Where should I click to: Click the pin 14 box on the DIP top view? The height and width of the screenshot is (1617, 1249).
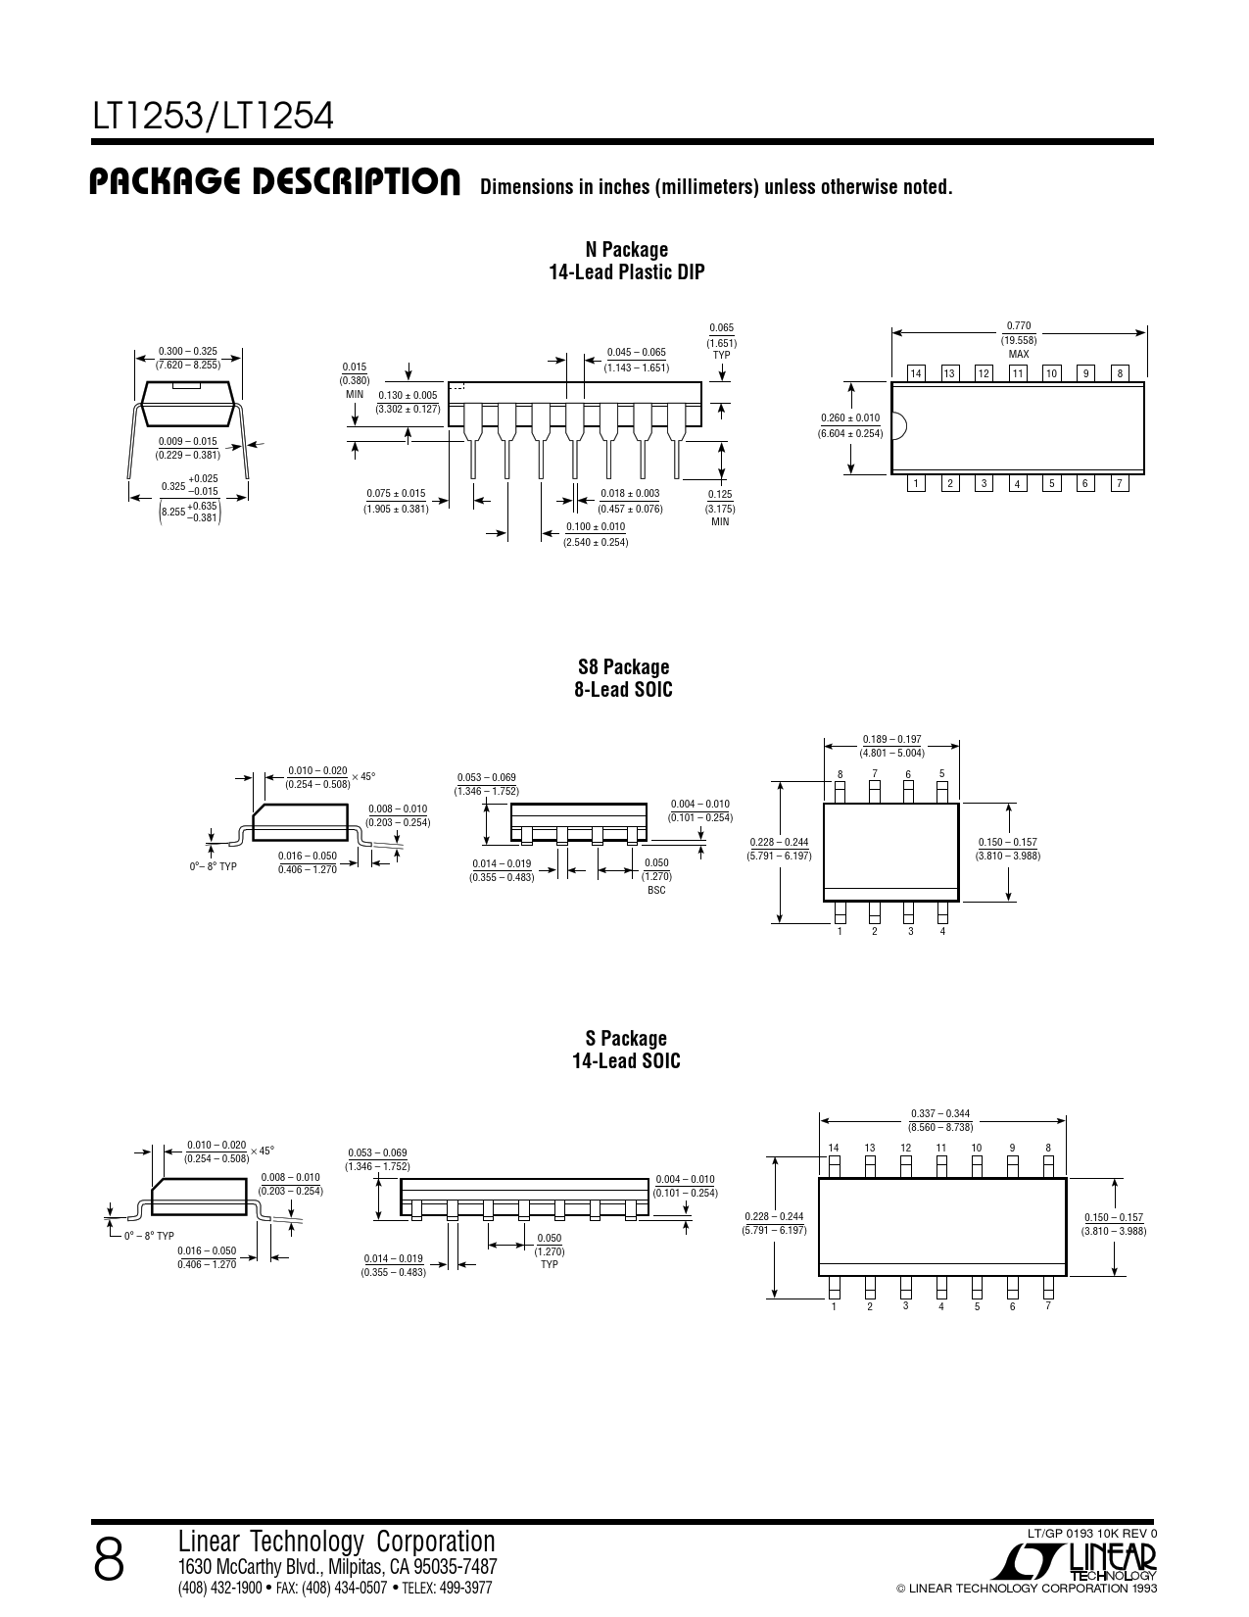coord(916,373)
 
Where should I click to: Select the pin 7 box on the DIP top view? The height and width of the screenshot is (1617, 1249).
coord(1120,484)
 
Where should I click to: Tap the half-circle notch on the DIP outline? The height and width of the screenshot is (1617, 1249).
coord(899,427)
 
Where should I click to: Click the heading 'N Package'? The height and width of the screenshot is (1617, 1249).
coord(626,249)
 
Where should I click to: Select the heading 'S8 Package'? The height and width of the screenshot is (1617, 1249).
coord(623,666)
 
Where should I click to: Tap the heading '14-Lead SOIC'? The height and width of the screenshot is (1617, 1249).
coord(626,1061)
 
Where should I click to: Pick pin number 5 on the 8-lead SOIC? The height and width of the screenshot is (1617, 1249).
coord(941,774)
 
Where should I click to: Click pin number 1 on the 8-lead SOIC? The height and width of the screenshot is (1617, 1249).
coord(840,931)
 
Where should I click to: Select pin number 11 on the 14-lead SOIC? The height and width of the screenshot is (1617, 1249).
coord(941,1148)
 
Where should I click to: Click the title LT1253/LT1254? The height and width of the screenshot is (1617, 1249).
coord(213,116)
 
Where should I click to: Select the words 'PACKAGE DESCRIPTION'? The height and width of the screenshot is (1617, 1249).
coord(274,182)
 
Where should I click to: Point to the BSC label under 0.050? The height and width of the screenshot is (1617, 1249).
coord(656,890)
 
